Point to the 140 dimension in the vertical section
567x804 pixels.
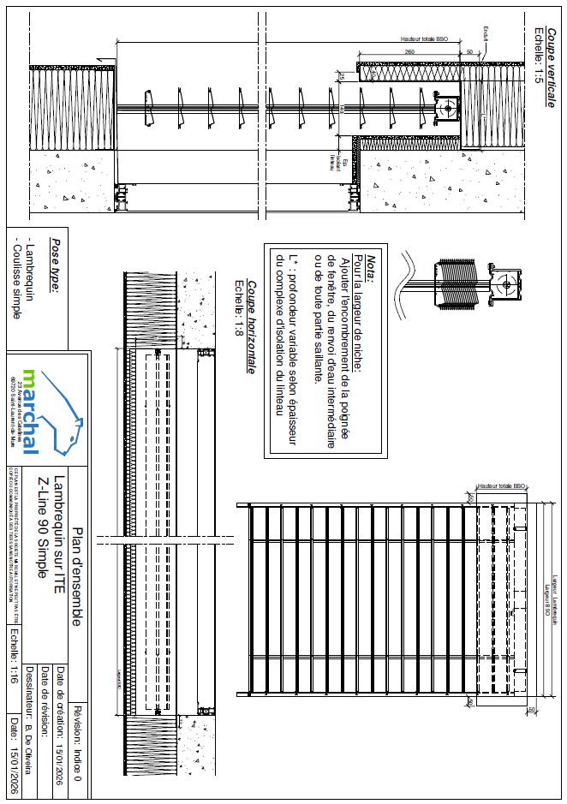tap(341, 107)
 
